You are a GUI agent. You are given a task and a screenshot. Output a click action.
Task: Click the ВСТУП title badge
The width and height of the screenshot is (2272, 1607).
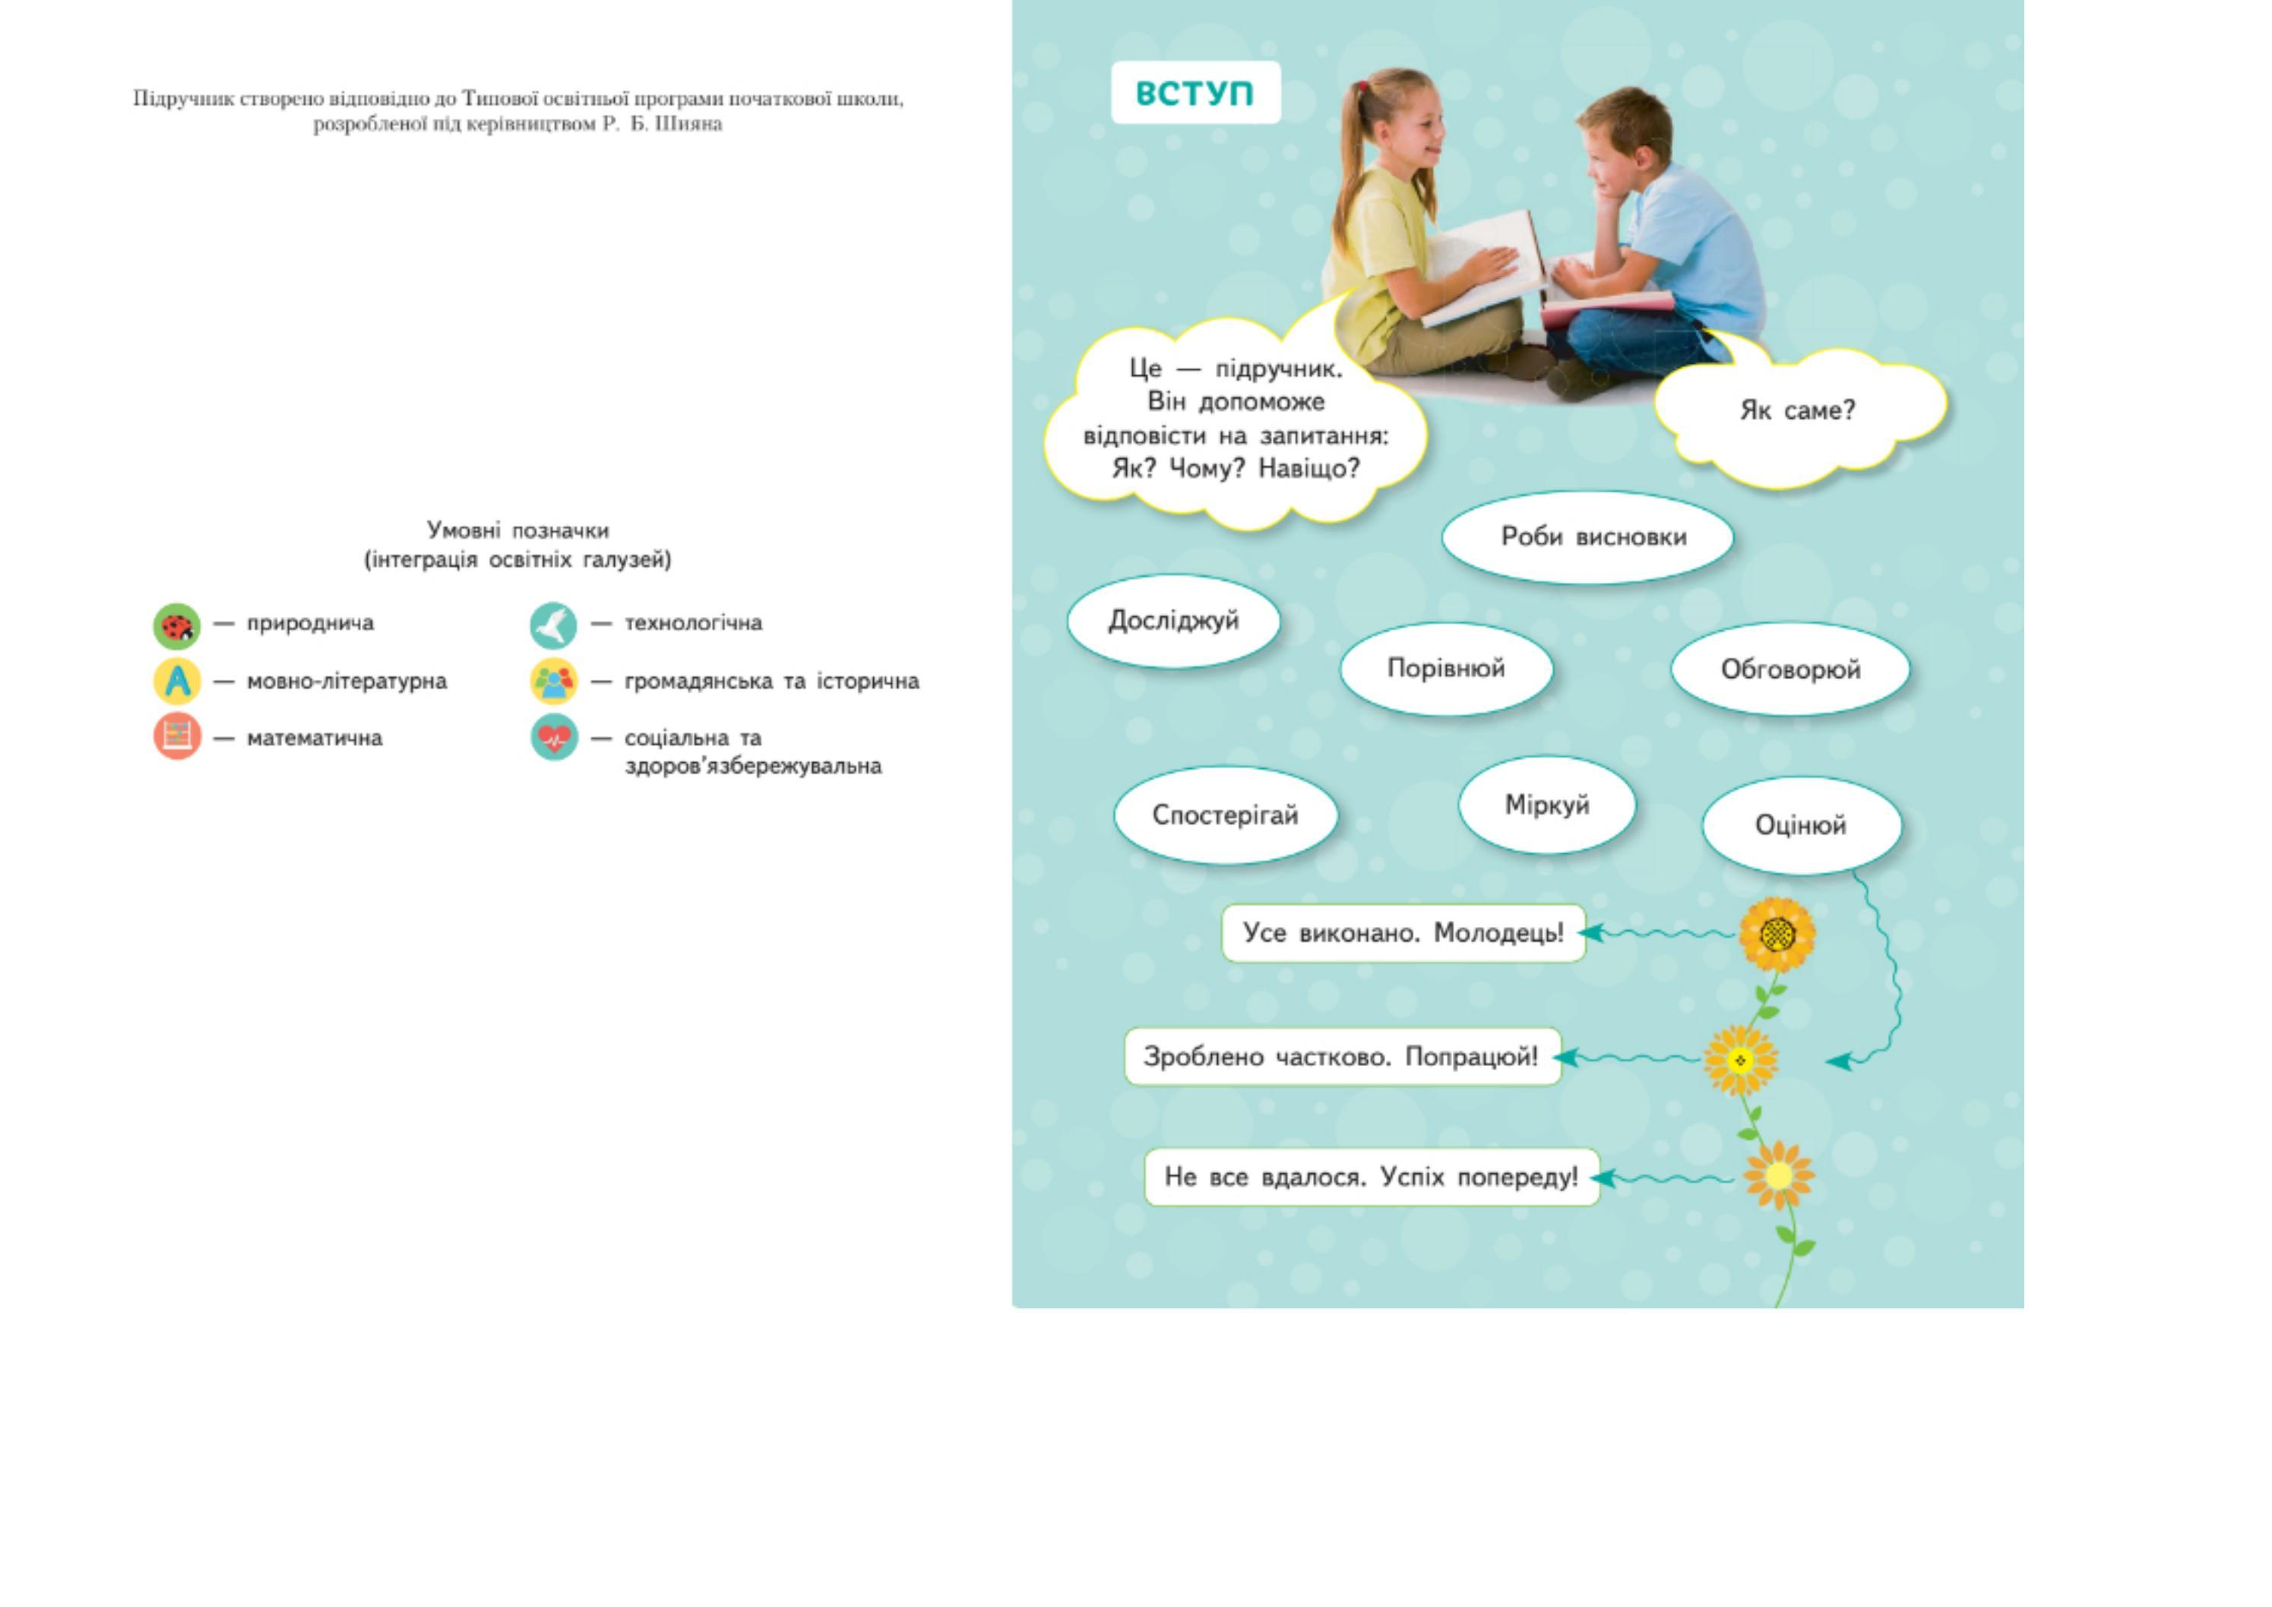pos(1195,93)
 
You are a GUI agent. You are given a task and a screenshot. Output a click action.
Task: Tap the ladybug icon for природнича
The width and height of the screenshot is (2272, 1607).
pos(177,625)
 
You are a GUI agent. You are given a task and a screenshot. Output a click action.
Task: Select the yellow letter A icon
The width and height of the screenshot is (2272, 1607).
pos(177,681)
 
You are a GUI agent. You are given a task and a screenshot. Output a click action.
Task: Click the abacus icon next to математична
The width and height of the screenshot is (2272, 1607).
pos(177,737)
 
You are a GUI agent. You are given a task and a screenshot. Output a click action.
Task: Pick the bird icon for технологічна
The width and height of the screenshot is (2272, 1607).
pos(553,625)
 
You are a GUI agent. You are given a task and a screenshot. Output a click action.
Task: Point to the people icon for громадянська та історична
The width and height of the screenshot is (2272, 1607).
pos(553,681)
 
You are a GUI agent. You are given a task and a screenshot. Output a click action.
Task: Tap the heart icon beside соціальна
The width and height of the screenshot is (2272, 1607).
pos(553,737)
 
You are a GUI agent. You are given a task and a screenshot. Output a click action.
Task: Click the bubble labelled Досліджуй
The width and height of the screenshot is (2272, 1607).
pos(1173,622)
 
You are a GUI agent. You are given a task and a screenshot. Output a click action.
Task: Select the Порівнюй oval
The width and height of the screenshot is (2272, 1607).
pos(1446,669)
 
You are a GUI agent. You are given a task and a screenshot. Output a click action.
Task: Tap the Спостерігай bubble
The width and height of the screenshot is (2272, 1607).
pos(1225,815)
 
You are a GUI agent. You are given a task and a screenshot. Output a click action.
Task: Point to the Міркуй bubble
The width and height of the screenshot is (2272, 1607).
pos(1546,805)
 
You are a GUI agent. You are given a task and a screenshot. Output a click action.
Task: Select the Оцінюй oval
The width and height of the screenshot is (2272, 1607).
pos(1801,825)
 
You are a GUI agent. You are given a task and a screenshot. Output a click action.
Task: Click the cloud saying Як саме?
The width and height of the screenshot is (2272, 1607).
pos(1798,410)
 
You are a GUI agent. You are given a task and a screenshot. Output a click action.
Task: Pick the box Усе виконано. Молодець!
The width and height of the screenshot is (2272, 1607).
pos(1403,933)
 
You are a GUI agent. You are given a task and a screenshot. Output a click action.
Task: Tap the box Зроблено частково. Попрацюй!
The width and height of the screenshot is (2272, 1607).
pos(1342,1057)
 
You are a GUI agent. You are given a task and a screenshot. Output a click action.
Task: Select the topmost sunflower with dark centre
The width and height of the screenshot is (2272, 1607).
pos(1777,933)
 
